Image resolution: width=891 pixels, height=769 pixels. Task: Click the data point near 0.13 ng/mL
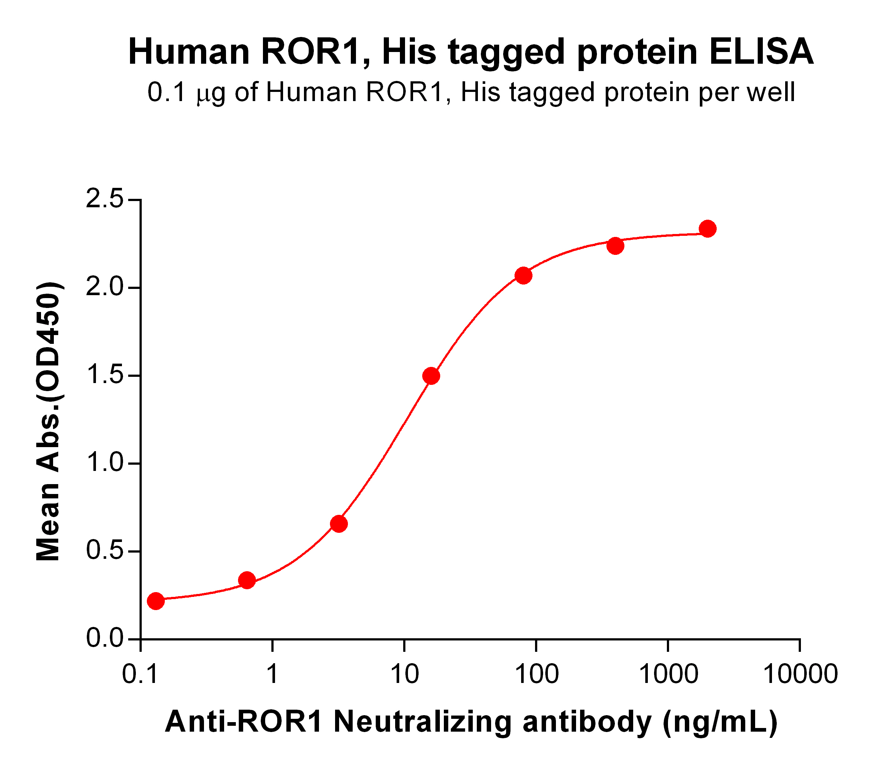[x=156, y=601]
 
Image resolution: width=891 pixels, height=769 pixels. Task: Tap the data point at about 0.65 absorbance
[x=339, y=524]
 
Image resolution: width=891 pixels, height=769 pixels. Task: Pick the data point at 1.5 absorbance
[x=431, y=376]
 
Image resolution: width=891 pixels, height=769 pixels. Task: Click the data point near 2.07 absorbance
[x=523, y=275]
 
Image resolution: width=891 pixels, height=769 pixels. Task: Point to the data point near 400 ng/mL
[x=615, y=246]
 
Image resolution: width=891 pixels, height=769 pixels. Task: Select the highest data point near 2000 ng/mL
[x=708, y=229]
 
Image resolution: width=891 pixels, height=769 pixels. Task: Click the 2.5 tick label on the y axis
[x=104, y=200]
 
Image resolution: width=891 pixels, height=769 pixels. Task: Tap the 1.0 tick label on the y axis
[x=104, y=463]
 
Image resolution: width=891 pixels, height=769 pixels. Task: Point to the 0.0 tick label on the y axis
[x=104, y=639]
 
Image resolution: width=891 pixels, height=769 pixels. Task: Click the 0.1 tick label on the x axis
[x=141, y=675]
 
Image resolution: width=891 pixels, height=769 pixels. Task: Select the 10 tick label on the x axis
[x=404, y=675]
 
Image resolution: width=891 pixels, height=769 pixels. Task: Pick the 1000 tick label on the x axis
[x=668, y=675]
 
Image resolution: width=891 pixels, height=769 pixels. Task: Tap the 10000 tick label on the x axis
[x=800, y=675]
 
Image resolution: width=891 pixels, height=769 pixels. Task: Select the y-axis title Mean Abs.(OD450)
[x=48, y=421]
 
